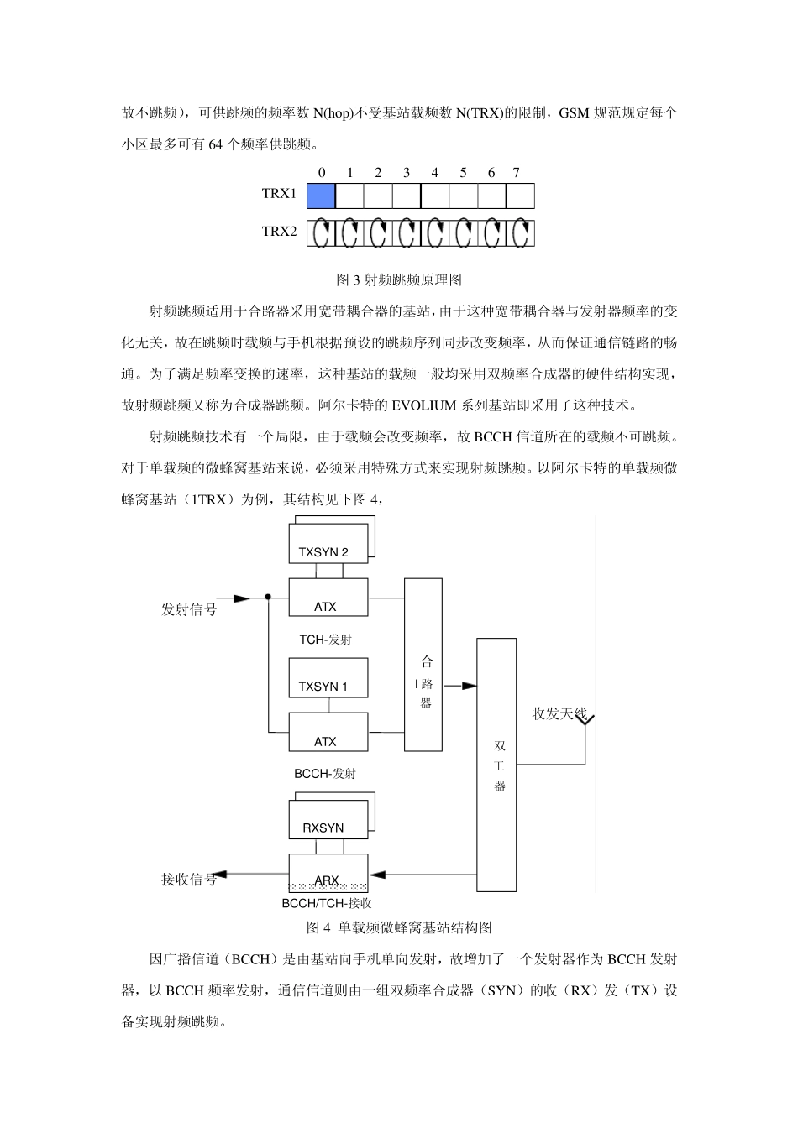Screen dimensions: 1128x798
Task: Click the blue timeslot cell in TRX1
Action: [321, 196]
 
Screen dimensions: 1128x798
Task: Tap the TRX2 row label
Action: [279, 232]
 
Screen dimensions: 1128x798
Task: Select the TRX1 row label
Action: [279, 194]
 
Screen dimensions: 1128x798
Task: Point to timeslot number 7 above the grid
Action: [516, 173]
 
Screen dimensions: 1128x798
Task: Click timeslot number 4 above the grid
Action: [434, 173]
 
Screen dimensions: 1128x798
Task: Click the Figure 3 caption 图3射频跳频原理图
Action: [399, 279]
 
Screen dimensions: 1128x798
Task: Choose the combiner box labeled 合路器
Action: [423, 663]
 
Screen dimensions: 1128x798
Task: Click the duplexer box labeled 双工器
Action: [497, 764]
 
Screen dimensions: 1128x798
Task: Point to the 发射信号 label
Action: [189, 610]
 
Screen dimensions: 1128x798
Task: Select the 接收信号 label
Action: [189, 880]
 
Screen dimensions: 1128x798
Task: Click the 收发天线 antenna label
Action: [559, 714]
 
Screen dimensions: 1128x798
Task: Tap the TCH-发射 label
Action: [326, 640]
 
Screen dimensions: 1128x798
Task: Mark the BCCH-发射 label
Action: [325, 773]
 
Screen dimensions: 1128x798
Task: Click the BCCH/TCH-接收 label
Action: [327, 904]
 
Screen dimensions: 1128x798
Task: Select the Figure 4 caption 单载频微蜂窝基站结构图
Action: [399, 927]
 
